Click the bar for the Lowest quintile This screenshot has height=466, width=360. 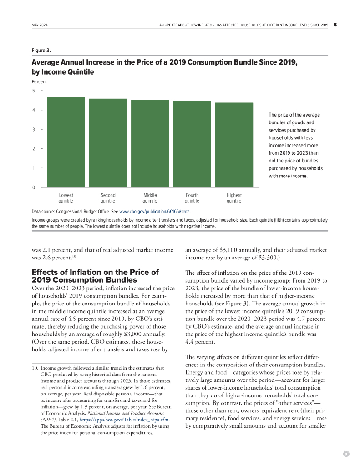pyautogui.click(x=66, y=142)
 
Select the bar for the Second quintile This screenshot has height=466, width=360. pyautogui.click(x=108, y=143)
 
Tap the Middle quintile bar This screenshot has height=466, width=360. pyautogui.click(x=150, y=143)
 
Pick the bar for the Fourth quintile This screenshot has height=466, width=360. pyautogui.click(x=192, y=144)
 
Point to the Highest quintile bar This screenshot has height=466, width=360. pyautogui.click(x=234, y=145)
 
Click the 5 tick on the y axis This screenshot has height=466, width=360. pyautogui.click(x=33, y=90)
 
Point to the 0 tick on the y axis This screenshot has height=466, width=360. pyautogui.click(x=33, y=187)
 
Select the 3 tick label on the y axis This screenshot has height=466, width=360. pyautogui.click(x=33, y=129)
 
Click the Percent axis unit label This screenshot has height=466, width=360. pyautogui.click(x=39, y=82)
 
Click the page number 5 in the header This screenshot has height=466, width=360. pyautogui.click(x=335, y=25)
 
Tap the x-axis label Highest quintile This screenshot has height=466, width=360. pyautogui.click(x=234, y=198)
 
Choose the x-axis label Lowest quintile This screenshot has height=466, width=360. pyautogui.click(x=66, y=198)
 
